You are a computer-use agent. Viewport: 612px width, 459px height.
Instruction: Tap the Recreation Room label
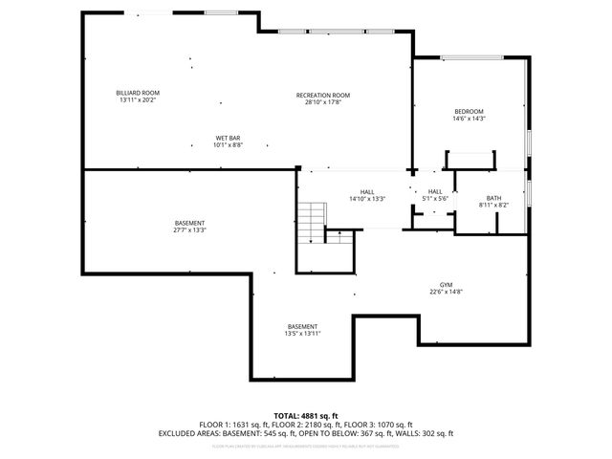pos(322,95)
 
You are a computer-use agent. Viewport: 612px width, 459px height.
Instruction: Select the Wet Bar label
pos(228,139)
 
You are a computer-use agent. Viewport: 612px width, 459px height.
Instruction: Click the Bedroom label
pos(469,112)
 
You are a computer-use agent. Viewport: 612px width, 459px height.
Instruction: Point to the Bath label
pos(493,198)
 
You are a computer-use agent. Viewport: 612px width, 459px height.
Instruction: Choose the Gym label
pos(446,285)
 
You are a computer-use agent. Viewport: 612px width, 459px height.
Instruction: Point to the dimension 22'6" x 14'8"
pos(446,292)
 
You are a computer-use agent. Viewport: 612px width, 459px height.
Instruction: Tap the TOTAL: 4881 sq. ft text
pos(306,416)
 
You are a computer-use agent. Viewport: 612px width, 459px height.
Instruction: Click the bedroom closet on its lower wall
pos(470,160)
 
